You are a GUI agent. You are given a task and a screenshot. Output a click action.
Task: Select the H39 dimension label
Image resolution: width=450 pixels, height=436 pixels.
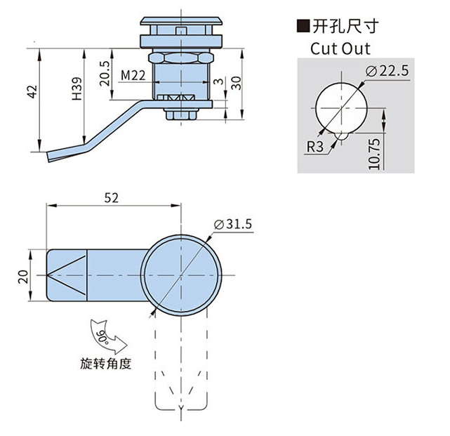[77, 88]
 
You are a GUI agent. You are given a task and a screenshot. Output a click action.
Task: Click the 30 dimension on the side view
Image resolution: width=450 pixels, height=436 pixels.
[237, 82]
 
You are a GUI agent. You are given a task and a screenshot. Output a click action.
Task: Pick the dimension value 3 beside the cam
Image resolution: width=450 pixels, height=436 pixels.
[219, 82]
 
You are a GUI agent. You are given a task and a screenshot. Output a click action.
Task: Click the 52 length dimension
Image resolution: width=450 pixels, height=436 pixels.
[111, 198]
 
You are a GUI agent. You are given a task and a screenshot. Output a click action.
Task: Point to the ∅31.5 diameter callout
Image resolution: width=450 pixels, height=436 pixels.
[235, 223]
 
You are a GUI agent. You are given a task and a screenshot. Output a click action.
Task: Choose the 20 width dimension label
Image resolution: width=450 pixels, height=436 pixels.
[22, 275]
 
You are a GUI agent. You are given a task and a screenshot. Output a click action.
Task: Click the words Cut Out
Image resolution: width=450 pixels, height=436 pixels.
[340, 50]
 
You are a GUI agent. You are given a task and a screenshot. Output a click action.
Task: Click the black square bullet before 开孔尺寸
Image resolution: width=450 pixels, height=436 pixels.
[303, 27]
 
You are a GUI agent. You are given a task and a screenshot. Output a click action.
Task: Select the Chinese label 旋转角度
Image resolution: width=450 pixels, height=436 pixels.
[106, 364]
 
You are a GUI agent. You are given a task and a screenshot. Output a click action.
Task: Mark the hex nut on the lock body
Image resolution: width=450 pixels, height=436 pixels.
[181, 57]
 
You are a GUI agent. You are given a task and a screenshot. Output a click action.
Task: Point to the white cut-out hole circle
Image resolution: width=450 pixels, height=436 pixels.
[339, 106]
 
